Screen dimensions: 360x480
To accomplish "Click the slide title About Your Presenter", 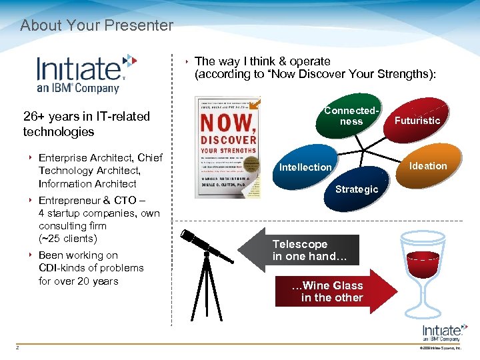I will click(97, 26).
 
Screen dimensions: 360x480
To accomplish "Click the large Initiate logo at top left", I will click(86, 73).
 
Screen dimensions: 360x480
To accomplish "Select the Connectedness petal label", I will click(351, 115).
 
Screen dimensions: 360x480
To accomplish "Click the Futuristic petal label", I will click(417, 120).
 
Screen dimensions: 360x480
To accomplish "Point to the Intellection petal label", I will click(305, 167).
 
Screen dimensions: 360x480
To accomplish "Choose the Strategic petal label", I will click(356, 189).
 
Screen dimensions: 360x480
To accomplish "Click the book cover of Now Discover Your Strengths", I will click(227, 147).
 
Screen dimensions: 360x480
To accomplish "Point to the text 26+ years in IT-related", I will click(87, 116).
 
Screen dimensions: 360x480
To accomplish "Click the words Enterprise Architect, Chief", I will click(100, 157).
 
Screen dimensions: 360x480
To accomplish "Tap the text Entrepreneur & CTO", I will click(93, 201).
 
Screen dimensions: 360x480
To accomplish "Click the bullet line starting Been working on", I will click(78, 255).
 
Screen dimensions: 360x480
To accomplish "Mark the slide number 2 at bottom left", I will click(18, 346).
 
